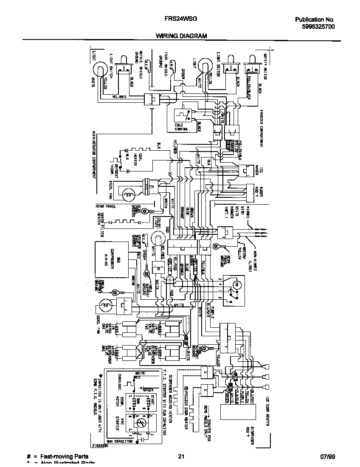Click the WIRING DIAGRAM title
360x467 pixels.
tap(181, 36)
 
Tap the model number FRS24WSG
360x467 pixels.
tap(181, 19)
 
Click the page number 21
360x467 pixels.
tap(181, 456)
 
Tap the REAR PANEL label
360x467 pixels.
tap(106, 206)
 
